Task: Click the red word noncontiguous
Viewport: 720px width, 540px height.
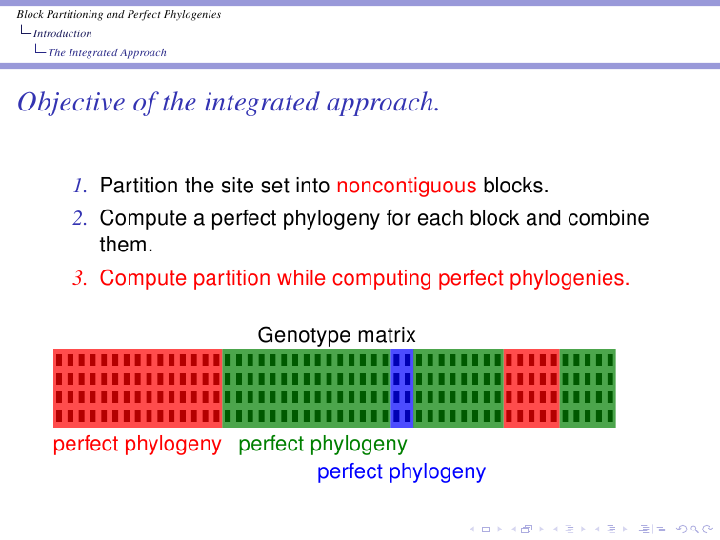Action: pos(407,186)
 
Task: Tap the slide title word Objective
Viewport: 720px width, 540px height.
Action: pos(71,103)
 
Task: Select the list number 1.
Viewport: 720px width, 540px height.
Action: pos(80,186)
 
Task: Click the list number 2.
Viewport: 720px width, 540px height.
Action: pos(80,218)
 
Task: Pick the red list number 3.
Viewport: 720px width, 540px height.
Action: pos(80,278)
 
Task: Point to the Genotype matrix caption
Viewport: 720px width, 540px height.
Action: pos(336,335)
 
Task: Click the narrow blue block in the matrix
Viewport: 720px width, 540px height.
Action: pos(402,388)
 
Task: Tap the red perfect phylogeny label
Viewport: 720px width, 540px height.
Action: pos(137,445)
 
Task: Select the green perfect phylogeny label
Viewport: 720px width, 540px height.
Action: pos(323,445)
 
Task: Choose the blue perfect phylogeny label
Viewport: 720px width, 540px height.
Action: pos(401,472)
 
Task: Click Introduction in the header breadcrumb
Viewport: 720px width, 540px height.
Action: pos(63,33)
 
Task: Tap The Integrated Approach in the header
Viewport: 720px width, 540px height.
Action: pos(107,52)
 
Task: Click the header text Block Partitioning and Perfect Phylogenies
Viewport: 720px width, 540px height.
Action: pos(119,14)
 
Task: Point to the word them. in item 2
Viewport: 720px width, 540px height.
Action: pos(127,245)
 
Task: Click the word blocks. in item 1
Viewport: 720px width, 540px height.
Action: pos(515,186)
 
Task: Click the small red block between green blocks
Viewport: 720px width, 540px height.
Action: pos(531,388)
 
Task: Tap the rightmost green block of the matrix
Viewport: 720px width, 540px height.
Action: pos(588,388)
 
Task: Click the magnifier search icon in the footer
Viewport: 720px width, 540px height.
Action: pos(694,530)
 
